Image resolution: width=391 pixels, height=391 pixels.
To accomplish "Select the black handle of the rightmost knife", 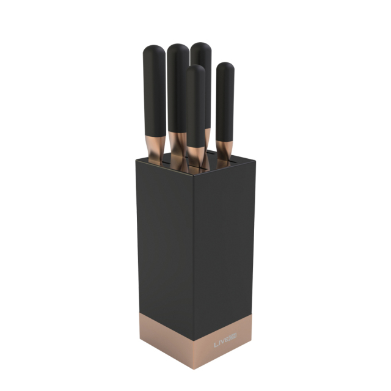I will [225, 101].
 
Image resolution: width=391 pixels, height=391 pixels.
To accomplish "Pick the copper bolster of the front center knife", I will [195, 155].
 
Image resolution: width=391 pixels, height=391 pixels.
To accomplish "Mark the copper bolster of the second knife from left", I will [177, 144].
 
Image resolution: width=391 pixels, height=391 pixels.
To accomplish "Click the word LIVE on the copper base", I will [221, 344].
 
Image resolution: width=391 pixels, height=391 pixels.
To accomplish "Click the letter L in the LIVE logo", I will [215, 345].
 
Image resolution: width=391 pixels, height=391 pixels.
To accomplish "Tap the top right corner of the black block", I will [250, 155].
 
